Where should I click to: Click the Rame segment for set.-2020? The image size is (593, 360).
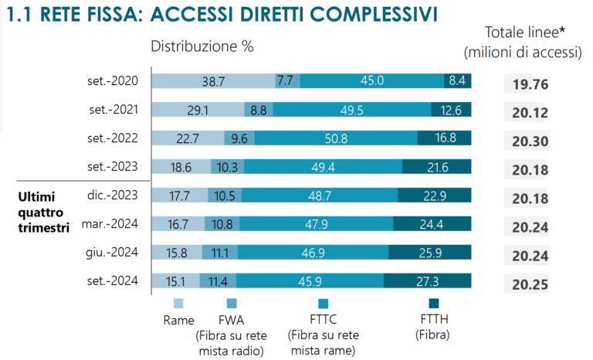coord(214,81)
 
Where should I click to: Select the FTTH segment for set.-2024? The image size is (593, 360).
coord(427,281)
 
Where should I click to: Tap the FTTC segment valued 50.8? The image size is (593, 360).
coord(336,138)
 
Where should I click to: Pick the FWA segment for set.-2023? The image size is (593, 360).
coord(227,167)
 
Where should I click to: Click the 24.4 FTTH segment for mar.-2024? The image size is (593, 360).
coord(432,224)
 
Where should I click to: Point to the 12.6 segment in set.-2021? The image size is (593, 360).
coord(451,110)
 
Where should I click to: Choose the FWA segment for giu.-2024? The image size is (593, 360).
coord(220,252)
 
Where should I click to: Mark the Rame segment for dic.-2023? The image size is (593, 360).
coord(180,195)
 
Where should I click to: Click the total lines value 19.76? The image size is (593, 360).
coord(530,84)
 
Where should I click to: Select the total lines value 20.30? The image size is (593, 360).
coord(530,141)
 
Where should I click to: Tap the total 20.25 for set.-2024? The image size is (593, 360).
coord(530,284)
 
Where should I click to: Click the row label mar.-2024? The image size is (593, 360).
coord(110,224)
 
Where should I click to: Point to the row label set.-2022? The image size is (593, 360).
coord(113,138)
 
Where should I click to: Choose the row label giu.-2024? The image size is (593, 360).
coord(112,252)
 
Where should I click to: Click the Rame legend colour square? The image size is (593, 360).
coord(178,304)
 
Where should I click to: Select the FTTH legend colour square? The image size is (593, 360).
coord(434,304)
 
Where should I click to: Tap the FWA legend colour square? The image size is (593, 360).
coord(232,304)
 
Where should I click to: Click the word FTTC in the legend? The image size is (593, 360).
coord(323,320)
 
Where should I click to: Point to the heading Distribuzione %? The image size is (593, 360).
coord(202,46)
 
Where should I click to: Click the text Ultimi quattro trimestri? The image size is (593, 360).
coord(44,212)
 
